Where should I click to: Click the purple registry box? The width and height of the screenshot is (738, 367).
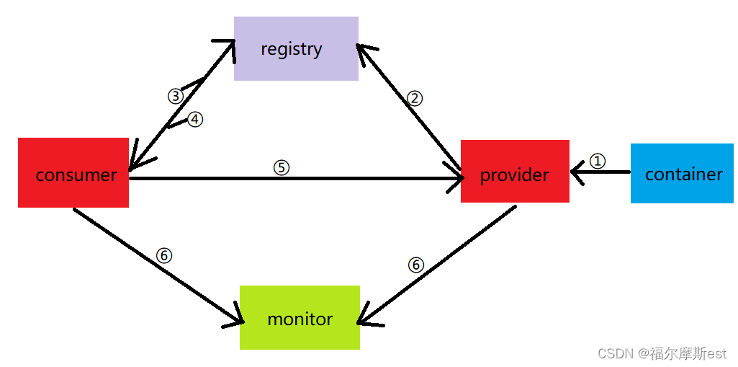[296, 48]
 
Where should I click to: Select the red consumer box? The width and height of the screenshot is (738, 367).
[73, 172]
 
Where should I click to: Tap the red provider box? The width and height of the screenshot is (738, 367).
[515, 171]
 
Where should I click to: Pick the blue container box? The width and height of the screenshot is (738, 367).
[682, 173]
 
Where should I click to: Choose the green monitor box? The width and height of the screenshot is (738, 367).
[300, 317]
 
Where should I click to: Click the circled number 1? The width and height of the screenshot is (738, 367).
[598, 162]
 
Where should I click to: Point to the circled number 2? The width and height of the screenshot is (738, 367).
[415, 98]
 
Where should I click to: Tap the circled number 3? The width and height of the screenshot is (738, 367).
[176, 97]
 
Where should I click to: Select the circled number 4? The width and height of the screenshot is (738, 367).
[195, 120]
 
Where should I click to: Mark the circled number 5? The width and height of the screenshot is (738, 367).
[281, 168]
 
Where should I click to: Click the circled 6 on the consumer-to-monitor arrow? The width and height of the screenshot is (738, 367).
[163, 255]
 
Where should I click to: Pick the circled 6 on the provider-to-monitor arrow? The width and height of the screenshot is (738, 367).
[415, 265]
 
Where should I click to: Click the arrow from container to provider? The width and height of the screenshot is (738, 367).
[600, 172]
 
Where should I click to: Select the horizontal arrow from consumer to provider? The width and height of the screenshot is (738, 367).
[297, 179]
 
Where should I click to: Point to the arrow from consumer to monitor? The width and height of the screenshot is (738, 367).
[158, 266]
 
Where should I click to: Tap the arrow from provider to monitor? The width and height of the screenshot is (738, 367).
[437, 266]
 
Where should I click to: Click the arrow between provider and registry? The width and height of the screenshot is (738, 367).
[408, 107]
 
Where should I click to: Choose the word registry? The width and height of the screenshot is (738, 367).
[292, 50]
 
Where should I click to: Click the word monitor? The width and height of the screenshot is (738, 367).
[300, 319]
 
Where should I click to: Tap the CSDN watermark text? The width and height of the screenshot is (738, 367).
[662, 353]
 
